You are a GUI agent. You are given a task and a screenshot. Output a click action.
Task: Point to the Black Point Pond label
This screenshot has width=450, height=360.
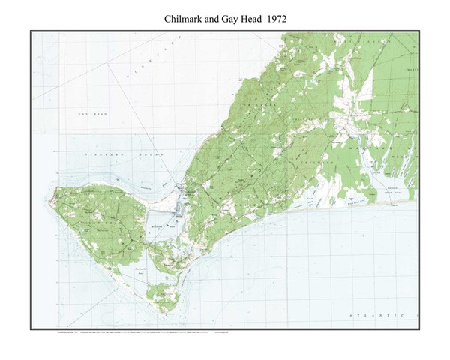[x=352, y=201]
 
